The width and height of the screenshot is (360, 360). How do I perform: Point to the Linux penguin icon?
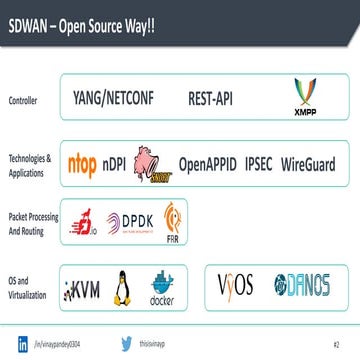[124, 288]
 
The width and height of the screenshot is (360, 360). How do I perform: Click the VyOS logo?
[238, 285]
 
